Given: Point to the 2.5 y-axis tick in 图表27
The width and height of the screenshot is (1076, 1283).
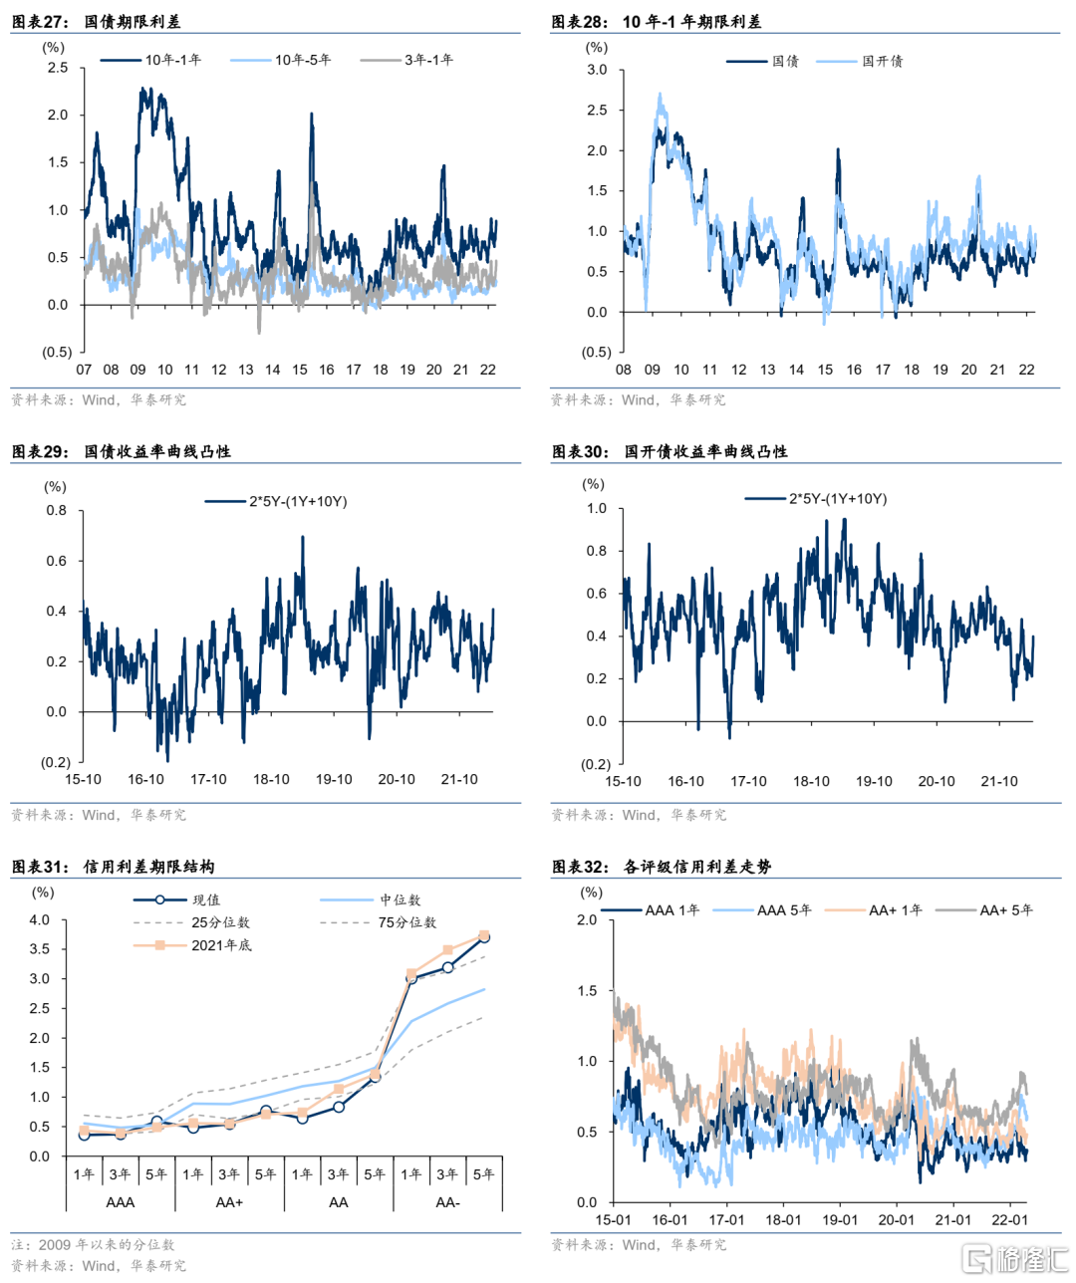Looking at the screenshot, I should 58,68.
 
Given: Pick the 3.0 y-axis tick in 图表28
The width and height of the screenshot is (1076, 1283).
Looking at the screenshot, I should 597,70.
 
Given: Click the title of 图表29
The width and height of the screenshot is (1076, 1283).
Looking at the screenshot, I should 121,451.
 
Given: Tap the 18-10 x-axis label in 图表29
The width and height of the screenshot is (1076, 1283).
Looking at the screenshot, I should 271,779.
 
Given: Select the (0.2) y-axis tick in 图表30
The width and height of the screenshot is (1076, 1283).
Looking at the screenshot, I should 596,764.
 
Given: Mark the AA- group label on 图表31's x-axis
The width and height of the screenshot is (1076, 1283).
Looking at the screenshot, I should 447,1202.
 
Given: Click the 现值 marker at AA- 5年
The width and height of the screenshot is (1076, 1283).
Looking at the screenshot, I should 484,937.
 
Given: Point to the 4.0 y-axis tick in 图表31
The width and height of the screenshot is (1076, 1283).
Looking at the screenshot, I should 39,919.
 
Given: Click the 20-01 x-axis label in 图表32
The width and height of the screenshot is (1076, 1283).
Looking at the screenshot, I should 896,1219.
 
